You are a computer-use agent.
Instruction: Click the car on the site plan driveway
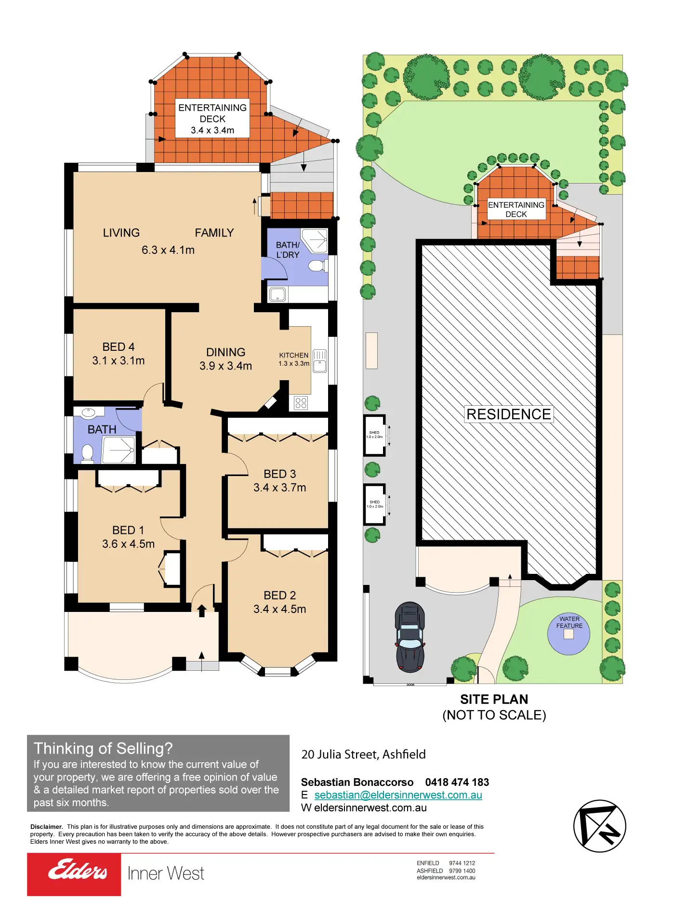pyautogui.click(x=410, y=637)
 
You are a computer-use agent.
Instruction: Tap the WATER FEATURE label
pyautogui.click(x=569, y=623)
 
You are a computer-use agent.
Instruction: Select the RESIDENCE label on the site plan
pyautogui.click(x=509, y=414)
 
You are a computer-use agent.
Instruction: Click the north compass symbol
pyautogui.click(x=599, y=826)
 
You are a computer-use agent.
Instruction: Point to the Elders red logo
pyautogui.click(x=74, y=874)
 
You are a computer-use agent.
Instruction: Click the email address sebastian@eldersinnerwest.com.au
pyautogui.click(x=398, y=795)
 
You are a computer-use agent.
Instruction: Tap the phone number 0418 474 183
pyautogui.click(x=457, y=782)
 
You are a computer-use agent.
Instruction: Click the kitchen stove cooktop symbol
pyautogui.click(x=301, y=403)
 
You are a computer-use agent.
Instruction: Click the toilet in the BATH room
pyautogui.click(x=87, y=453)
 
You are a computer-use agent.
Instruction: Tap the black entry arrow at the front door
pyautogui.click(x=202, y=611)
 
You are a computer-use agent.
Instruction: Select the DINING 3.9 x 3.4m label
pyautogui.click(x=225, y=359)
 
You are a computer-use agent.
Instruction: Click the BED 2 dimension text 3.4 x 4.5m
pyautogui.click(x=280, y=609)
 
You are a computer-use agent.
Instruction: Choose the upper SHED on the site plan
pyautogui.click(x=375, y=435)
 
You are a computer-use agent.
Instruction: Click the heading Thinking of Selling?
pyautogui.click(x=103, y=748)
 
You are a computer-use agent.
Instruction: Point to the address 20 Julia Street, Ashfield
pyautogui.click(x=363, y=755)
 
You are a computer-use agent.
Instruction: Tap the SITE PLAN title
pyautogui.click(x=494, y=699)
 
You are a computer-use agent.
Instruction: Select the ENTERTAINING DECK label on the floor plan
pyautogui.click(x=212, y=119)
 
